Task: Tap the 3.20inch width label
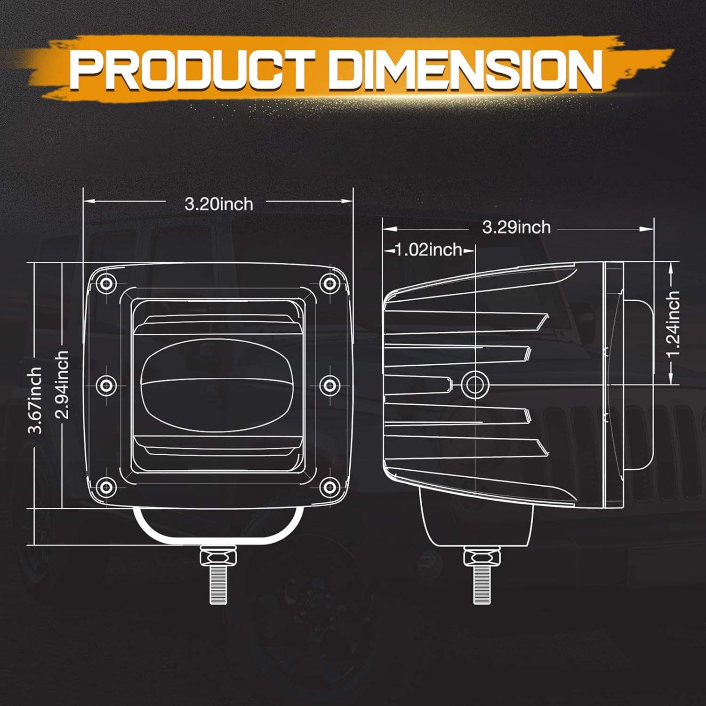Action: [x=218, y=204]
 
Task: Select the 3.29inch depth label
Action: [x=516, y=227]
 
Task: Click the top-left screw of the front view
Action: [x=107, y=283]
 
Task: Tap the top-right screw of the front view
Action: [x=330, y=283]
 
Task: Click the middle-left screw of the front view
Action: [x=107, y=385]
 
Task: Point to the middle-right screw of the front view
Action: [x=330, y=385]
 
